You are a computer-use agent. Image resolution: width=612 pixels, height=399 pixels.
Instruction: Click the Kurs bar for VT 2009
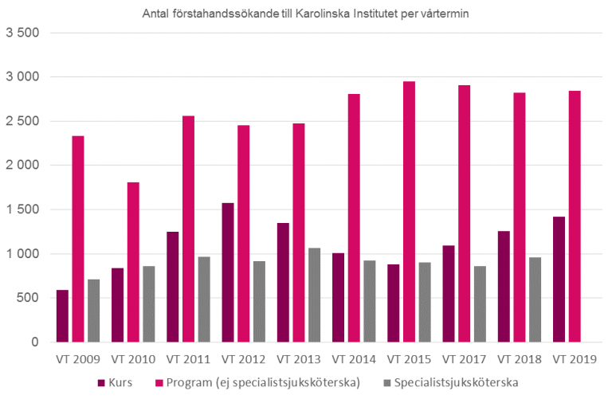[62, 316]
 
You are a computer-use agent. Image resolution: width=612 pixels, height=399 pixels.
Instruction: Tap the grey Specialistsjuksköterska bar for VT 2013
[314, 295]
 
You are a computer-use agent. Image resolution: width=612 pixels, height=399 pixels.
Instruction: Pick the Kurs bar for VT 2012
[228, 273]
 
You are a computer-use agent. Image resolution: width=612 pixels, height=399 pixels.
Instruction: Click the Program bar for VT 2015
[409, 212]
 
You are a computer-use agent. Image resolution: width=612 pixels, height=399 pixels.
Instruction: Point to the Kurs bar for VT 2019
[559, 280]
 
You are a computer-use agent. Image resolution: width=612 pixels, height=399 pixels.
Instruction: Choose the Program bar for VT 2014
[354, 218]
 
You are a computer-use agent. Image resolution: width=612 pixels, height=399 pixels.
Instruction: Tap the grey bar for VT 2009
[94, 311]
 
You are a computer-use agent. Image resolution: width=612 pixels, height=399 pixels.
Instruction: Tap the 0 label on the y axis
[36, 342]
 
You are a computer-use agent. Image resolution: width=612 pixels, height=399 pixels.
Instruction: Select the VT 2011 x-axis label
[189, 359]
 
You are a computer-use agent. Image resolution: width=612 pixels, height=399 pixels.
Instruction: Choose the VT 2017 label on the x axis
[465, 359]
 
